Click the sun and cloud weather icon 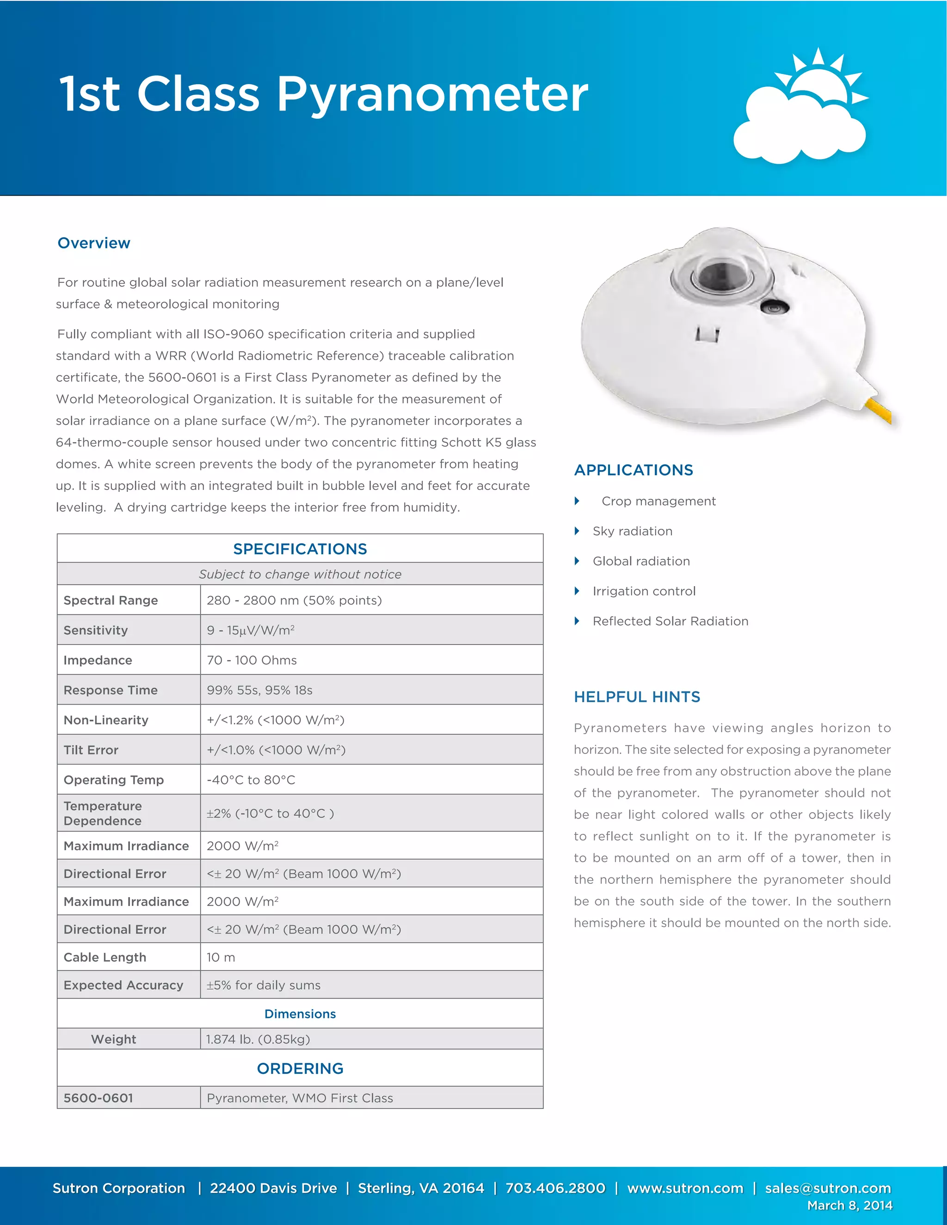[801, 110]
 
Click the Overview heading [94, 243]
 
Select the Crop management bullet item [658, 501]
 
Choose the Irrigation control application [644, 591]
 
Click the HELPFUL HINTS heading [637, 697]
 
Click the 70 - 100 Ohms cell [252, 660]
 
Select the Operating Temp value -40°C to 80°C [251, 780]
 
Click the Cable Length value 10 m [221, 957]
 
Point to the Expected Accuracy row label [123, 985]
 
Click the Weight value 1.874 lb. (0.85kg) [258, 1039]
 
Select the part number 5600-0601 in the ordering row [98, 1098]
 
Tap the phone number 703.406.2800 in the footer [555, 1188]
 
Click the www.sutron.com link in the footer [685, 1188]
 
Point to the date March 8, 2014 [849, 1206]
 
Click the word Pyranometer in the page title [432, 94]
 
